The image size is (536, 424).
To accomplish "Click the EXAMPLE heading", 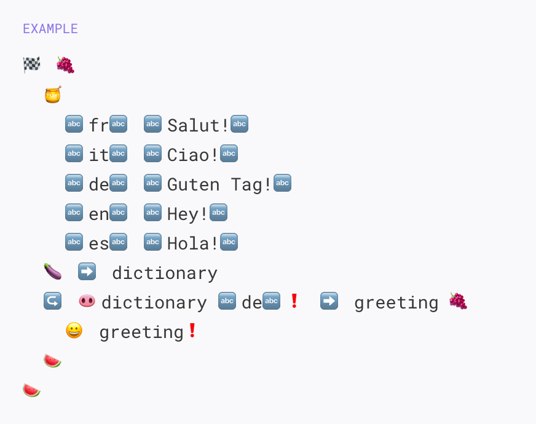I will [x=50, y=29].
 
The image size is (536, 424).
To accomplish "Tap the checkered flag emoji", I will [x=32, y=65].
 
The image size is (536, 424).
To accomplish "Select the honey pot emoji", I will [x=53, y=95].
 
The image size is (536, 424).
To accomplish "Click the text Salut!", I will [x=198, y=125].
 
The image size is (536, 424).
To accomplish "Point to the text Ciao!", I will [x=192, y=154].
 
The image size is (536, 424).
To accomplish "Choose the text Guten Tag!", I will [x=219, y=184].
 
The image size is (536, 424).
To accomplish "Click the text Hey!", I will [x=187, y=213].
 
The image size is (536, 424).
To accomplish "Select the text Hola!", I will [x=192, y=243].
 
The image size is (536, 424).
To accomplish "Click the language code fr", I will [x=98, y=125].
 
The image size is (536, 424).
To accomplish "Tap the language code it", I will [x=98, y=154].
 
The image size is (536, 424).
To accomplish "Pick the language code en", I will [x=98, y=213].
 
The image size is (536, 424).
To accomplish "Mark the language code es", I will [x=98, y=243].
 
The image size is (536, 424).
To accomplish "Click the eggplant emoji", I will [x=53, y=271].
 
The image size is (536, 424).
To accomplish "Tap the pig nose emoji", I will [x=87, y=301].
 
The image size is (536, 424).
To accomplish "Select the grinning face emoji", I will [x=74, y=331].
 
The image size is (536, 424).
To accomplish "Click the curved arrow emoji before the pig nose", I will [x=52, y=301].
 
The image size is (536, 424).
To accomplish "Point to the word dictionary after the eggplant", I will [x=164, y=273].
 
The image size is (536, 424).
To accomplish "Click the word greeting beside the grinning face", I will [x=141, y=332].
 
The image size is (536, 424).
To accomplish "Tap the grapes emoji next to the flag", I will [x=65, y=65].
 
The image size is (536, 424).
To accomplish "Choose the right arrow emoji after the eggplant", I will [x=87, y=271].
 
